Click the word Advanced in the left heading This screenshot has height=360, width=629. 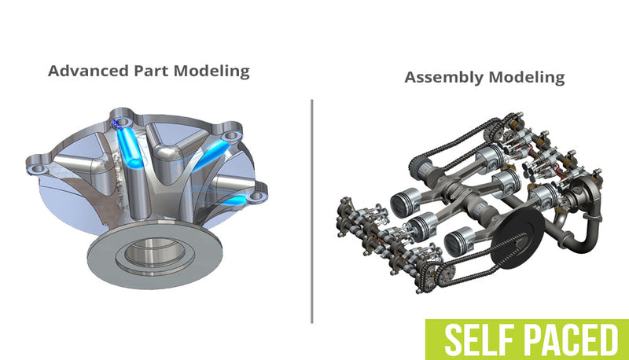82,71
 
